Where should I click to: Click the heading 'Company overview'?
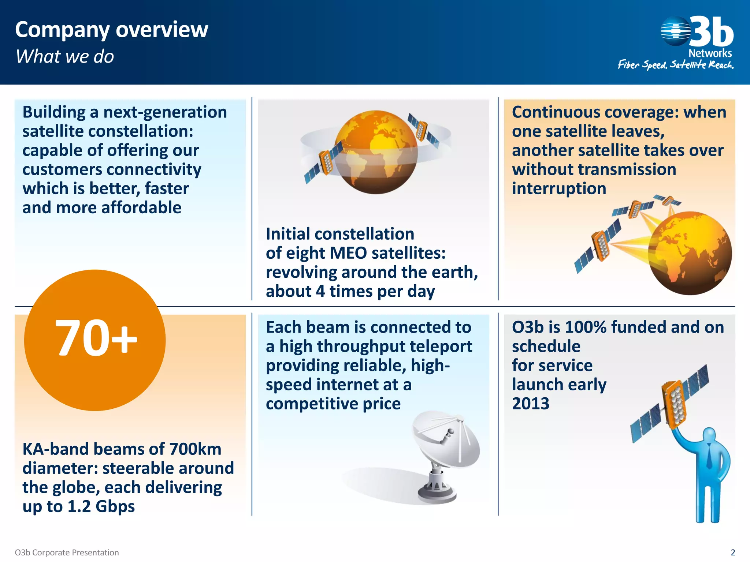111,30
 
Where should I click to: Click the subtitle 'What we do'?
65,57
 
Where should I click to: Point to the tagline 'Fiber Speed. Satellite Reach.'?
675,65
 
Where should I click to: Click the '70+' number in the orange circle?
96,338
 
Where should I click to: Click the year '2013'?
531,404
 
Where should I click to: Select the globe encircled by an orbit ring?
376,152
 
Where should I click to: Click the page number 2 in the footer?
733,552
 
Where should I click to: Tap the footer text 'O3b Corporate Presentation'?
67,552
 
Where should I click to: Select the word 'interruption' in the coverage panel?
559,189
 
